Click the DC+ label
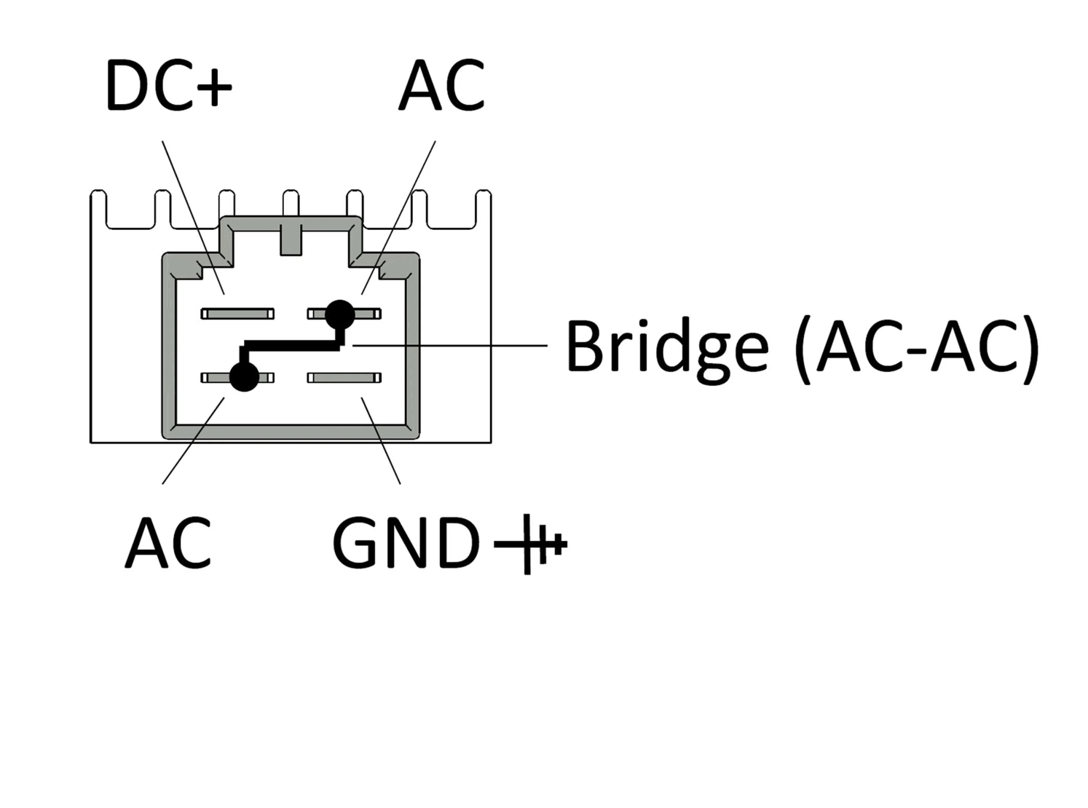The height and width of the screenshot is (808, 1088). tap(169, 85)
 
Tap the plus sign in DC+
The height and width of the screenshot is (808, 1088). tap(214, 87)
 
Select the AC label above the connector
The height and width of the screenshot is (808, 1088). tap(442, 85)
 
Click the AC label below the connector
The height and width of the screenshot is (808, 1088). tap(168, 542)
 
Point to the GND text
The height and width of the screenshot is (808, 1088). tap(406, 542)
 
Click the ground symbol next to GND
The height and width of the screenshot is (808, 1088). tap(530, 544)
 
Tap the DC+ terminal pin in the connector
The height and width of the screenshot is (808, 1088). tap(237, 314)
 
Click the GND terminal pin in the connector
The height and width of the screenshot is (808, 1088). tap(344, 378)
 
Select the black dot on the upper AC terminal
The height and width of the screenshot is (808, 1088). tap(340, 314)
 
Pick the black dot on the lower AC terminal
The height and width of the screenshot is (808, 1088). tap(244, 376)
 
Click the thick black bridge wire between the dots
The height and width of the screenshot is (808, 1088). tap(292, 346)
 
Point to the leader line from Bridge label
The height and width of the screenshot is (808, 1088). tap(450, 346)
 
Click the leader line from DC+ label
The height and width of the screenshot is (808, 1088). tap(193, 218)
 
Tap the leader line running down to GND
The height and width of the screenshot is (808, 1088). tap(381, 441)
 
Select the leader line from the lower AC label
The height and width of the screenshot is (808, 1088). tap(193, 441)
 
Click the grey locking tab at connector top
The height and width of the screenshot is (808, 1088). tap(291, 239)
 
